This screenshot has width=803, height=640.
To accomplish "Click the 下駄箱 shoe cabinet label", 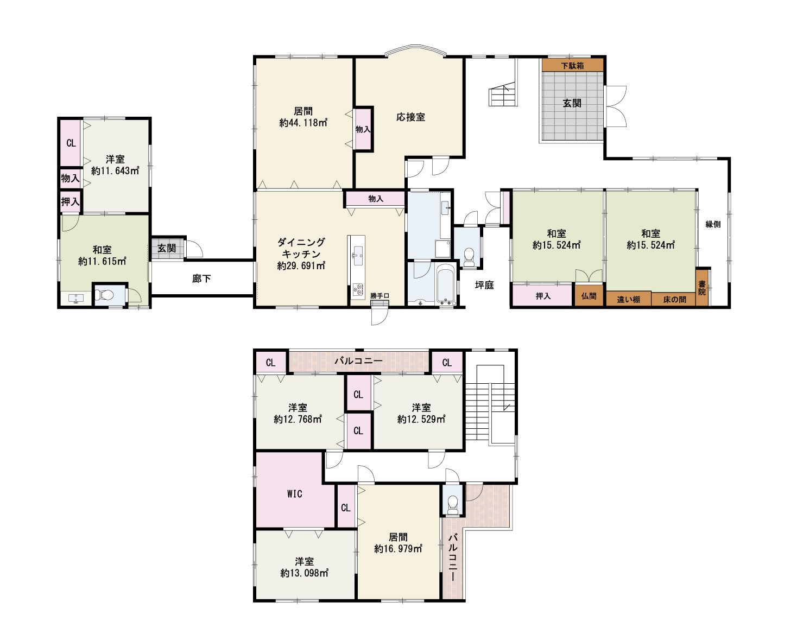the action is [x=572, y=66].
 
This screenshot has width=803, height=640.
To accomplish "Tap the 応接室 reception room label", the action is [x=410, y=117].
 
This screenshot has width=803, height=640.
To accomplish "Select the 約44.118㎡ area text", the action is [x=304, y=122].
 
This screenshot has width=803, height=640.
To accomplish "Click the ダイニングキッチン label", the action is [x=301, y=248].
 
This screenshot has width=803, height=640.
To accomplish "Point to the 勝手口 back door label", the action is [x=380, y=295].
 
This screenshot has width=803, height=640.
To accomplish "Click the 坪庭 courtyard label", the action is [x=484, y=285].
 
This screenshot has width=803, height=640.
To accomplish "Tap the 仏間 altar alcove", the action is [x=589, y=296].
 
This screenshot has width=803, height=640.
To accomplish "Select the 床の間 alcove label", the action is [x=674, y=299].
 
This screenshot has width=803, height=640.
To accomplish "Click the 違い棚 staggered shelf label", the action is [x=628, y=299].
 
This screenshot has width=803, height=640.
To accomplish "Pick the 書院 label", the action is [x=702, y=288].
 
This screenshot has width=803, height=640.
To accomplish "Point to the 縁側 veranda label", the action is [x=713, y=224].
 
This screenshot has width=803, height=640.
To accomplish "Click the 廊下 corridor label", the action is [x=201, y=278].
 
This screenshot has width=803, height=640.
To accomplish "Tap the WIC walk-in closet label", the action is [x=294, y=494].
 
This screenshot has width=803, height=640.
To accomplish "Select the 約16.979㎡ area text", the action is [x=398, y=549].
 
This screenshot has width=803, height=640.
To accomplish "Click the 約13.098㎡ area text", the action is [x=304, y=573].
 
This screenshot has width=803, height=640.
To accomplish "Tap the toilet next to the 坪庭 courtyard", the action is [x=469, y=257].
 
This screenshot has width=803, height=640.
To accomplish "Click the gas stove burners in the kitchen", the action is [x=357, y=290].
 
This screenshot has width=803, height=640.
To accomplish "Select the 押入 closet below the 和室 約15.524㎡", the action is [x=543, y=296].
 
